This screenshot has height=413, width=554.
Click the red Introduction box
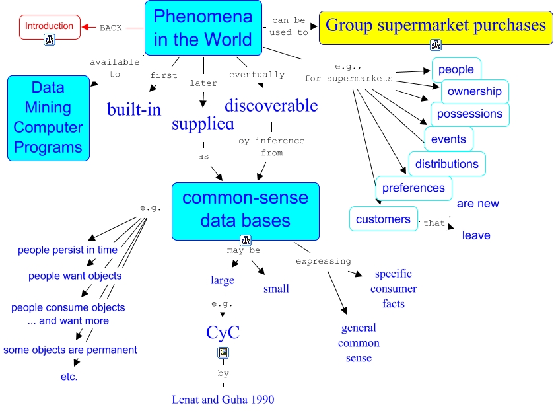tap(50, 26)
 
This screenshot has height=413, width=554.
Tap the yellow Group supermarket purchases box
tap(436, 26)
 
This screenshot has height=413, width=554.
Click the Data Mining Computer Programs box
tap(48, 118)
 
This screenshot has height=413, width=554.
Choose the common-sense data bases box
tap(245, 209)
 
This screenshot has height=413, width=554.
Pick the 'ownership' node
tap(474, 92)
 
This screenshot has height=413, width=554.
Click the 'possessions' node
tap(469, 114)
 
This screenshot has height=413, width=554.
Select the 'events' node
tap(448, 139)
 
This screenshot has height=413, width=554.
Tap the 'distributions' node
tap(447, 164)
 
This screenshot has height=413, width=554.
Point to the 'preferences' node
tap(414, 188)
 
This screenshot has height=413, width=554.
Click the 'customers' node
tap(383, 219)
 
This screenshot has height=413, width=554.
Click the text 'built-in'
tap(134, 110)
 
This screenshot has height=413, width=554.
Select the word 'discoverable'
tap(271, 106)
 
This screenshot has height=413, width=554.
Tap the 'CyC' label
tap(223, 332)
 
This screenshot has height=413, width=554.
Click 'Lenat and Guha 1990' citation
tap(223, 399)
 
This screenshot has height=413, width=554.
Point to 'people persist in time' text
tap(68, 250)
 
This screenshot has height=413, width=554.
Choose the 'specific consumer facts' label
tap(394, 289)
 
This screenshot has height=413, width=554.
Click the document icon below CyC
tap(223, 353)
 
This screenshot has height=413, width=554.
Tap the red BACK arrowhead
tap(85, 28)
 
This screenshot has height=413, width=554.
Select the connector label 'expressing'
tap(324, 261)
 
